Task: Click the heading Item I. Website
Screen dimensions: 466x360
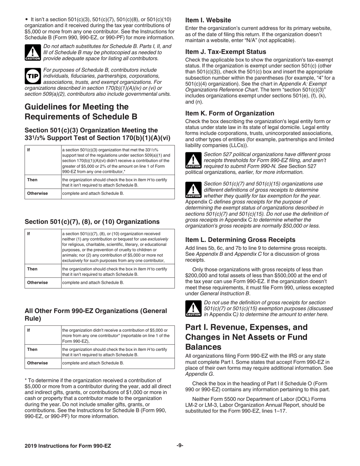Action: pos(208,20)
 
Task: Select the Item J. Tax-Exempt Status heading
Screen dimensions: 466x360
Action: pos(225,52)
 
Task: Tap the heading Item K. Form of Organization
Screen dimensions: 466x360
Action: pos(230,113)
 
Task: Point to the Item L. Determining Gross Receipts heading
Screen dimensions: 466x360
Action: pos(240,239)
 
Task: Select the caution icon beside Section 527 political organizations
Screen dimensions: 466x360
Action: pos(193,161)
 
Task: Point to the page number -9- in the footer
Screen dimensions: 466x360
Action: pos(180,446)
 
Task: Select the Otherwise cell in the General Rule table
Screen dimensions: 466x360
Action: pos(37,363)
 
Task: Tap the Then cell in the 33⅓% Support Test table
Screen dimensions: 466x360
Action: pos(32,179)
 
